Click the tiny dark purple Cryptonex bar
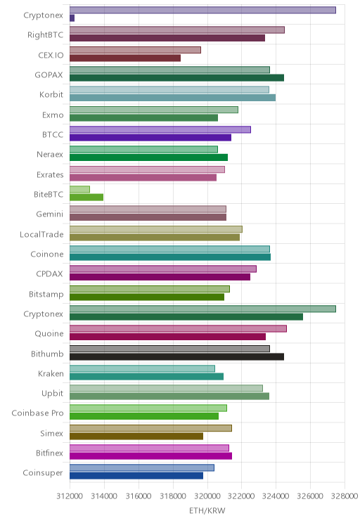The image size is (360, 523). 72,18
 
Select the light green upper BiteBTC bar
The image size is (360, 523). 79,189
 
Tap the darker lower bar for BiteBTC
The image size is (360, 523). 86,197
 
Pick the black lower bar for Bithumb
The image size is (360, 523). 176,356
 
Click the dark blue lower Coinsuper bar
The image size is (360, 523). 136,476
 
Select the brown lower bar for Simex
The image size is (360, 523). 136,436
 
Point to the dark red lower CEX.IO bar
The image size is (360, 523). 125,58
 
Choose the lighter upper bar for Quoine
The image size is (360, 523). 178,328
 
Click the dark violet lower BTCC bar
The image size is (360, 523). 150,137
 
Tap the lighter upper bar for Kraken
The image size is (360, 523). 142,368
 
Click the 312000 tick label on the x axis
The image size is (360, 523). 70,496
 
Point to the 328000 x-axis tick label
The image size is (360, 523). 345,496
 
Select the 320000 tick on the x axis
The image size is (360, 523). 207,496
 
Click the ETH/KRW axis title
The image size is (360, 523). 207,510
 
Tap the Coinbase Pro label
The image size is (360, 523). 37,413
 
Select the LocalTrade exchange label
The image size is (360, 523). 41,234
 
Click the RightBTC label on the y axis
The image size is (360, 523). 46,34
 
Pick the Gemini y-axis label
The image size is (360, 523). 50,214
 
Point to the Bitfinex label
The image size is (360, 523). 50,453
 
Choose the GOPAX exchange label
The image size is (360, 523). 49,75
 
